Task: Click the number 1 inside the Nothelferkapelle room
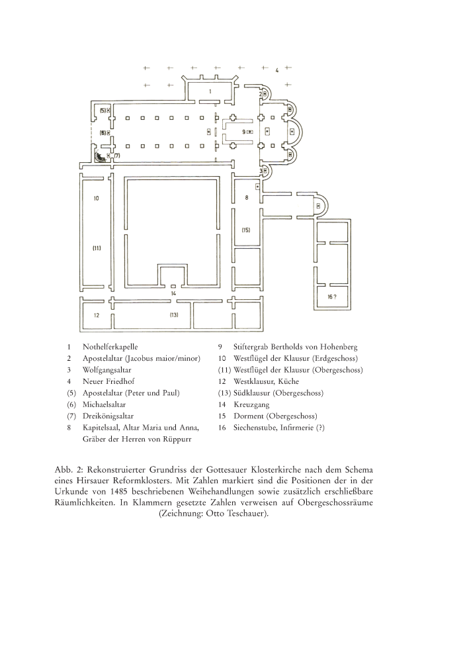(210, 91)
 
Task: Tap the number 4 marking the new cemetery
(277, 70)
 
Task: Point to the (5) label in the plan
(103, 110)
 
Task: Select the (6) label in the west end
(102, 132)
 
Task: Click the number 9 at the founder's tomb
(244, 132)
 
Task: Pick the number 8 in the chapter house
(246, 197)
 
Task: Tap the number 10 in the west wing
(97, 199)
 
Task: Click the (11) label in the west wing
(97, 248)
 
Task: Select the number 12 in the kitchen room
(97, 315)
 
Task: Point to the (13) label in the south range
(174, 315)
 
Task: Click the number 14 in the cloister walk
(173, 294)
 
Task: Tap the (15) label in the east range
(246, 230)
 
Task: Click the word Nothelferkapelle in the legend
(110, 347)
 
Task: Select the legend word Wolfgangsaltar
(106, 370)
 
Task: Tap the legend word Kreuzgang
(251, 404)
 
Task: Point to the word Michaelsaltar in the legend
(105, 404)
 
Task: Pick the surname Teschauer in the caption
(246, 513)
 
